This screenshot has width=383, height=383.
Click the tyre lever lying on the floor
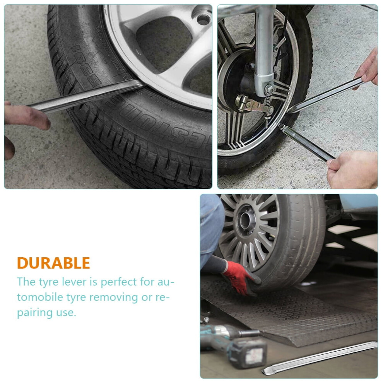tap(320, 358)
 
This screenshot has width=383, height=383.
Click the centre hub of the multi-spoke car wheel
tap(246, 221)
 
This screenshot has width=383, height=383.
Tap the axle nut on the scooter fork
tap(269, 89)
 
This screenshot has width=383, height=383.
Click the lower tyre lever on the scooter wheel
tap(306, 142)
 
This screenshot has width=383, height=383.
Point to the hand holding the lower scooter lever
tap(353, 169)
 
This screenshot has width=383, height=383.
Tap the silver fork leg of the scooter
tap(264, 46)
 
